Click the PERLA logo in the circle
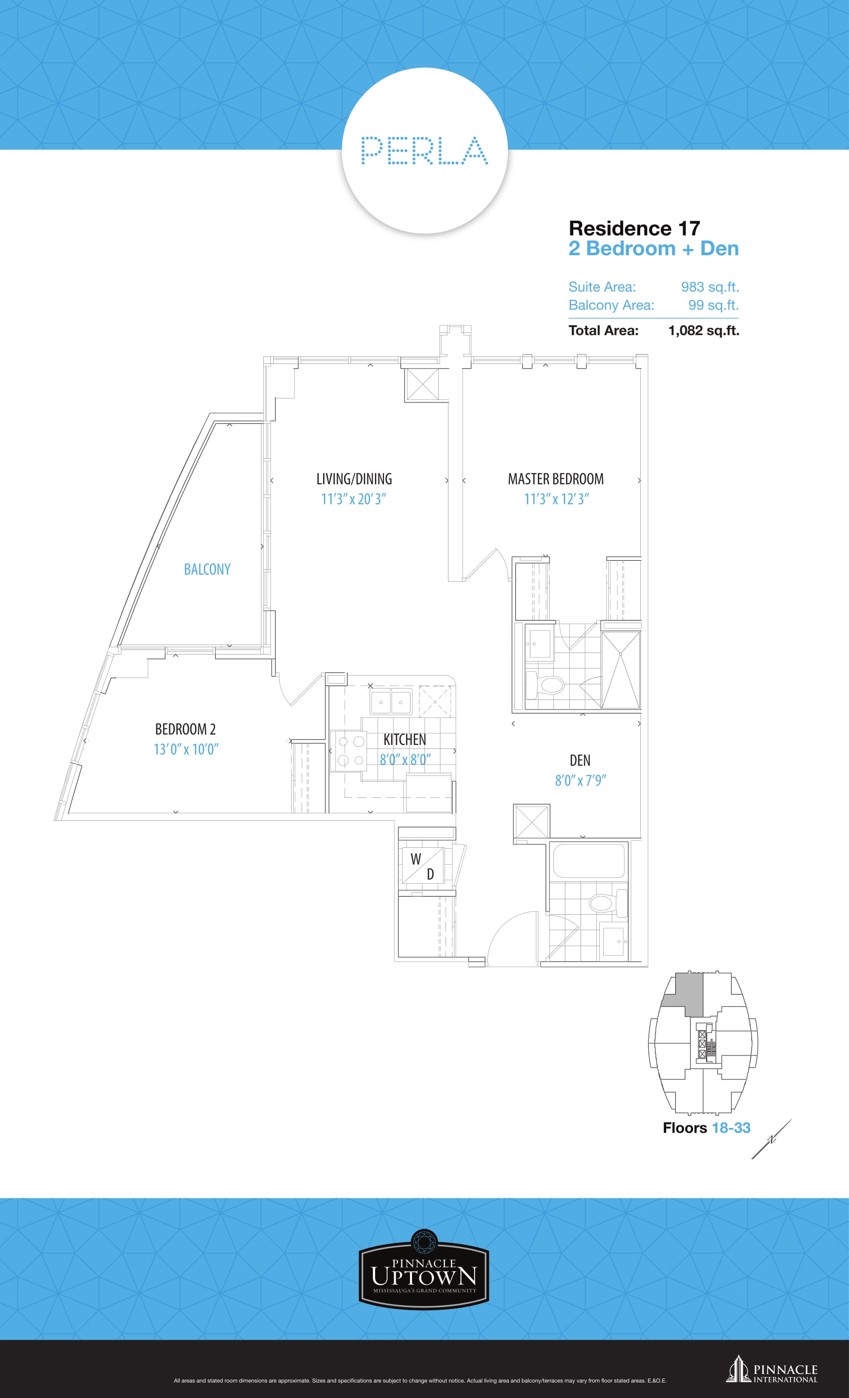pos(424,150)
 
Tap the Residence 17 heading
pos(634,228)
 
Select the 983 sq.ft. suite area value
pos(710,287)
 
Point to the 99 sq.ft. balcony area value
pos(713,305)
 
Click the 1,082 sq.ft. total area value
pos(704,330)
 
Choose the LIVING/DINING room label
pos(354,479)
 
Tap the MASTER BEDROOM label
pos(555,479)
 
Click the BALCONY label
pos(207,569)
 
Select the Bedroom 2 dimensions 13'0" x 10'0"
pos(186,749)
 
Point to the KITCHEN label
pos(405,739)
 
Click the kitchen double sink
pos(391,702)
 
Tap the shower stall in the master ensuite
pos(620,670)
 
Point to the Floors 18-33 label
pos(707,1128)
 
